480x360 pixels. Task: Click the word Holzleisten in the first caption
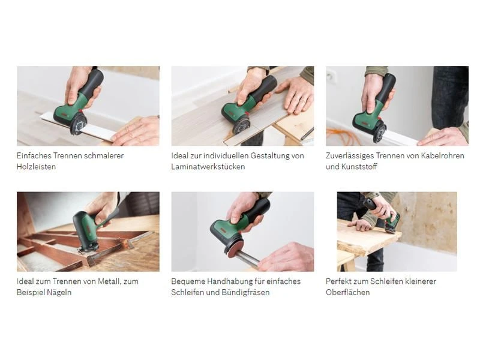point(36,167)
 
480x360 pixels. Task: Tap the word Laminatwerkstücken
point(208,167)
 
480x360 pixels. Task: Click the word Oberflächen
point(348,293)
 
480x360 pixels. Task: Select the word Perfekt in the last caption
point(338,281)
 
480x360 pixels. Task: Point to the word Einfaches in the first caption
point(34,155)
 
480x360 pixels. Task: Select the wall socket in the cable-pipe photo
point(331,77)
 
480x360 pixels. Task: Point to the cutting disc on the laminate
point(241,125)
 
